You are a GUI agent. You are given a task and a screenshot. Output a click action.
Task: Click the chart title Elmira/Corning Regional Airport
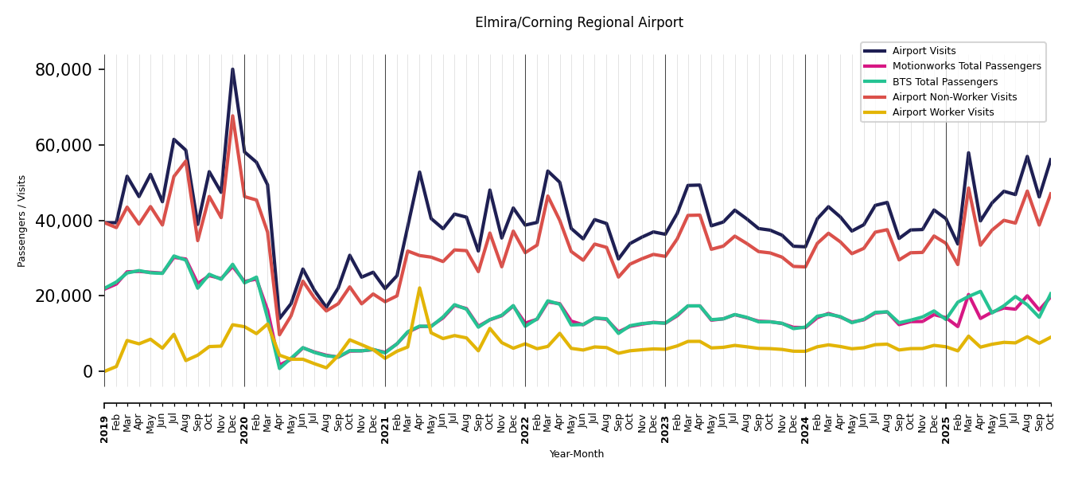(x=578, y=23)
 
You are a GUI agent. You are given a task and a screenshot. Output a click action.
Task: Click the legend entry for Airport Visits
(x=924, y=51)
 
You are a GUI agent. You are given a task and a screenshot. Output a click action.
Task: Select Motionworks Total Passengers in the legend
(x=966, y=66)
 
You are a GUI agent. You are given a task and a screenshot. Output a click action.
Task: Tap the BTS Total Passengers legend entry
(x=944, y=82)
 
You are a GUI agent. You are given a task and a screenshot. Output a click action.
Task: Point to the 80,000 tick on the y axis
(x=64, y=70)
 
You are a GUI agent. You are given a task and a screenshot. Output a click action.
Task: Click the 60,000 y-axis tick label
(x=64, y=145)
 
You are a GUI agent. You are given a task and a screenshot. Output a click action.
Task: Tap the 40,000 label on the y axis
(x=64, y=221)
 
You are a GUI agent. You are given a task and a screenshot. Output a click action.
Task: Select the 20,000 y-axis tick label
(x=64, y=296)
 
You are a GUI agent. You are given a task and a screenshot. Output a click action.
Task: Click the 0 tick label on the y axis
(x=87, y=371)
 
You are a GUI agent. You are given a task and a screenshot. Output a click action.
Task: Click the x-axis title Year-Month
(x=577, y=454)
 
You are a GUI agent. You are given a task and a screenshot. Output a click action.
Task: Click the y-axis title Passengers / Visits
(x=22, y=221)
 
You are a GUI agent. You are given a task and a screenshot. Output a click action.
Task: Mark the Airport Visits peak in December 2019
(x=232, y=69)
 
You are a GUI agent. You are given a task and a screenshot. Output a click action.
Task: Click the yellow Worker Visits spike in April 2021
(x=419, y=288)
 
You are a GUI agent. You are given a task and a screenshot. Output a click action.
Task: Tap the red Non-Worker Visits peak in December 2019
(x=232, y=116)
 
